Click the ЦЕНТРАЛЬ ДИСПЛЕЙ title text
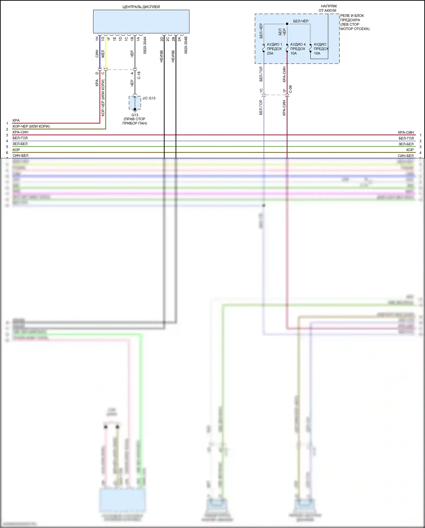[141, 7]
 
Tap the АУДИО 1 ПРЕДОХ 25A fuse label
[274, 49]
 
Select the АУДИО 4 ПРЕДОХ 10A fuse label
[298, 49]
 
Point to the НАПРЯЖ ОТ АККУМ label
[328, 8]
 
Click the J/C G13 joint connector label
[149, 98]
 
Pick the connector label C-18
[139, 75]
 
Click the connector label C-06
[290, 89]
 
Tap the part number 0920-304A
[145, 45]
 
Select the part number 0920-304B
[186, 45]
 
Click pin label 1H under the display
[97, 38]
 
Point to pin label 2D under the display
[162, 39]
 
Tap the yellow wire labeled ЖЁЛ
[105, 54]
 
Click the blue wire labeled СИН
[100, 54]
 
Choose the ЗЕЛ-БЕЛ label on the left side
[20, 144]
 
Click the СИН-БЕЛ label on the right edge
[405, 156]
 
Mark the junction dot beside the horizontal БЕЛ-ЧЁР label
[287, 24]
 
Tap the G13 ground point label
[135, 115]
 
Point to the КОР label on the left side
[16, 150]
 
